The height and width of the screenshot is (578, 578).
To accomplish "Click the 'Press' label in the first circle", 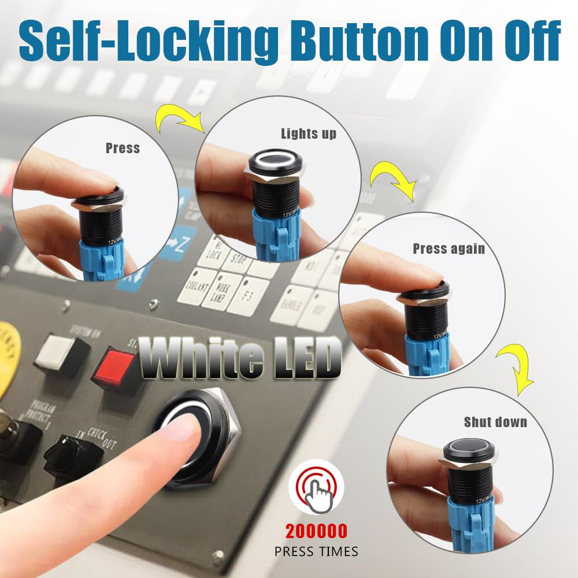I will [123, 149].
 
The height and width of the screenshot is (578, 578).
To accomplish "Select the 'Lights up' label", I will [309, 134].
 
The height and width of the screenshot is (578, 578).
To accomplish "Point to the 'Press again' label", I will [449, 249].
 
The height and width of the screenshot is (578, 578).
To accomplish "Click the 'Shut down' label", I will [495, 422].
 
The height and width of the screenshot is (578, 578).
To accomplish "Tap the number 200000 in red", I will [316, 531].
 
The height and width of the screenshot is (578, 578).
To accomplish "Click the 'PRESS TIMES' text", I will [316, 551].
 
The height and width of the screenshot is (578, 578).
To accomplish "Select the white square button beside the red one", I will [57, 353].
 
